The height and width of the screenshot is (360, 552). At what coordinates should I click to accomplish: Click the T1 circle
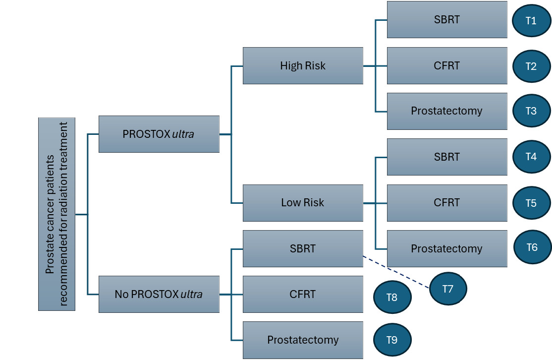pyautogui.click(x=531, y=20)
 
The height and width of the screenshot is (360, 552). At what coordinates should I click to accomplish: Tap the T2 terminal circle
pyautogui.click(x=531, y=65)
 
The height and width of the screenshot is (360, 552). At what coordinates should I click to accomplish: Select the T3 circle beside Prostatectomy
pyautogui.click(x=531, y=111)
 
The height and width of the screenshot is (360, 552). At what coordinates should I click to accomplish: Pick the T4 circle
pyautogui.click(x=531, y=157)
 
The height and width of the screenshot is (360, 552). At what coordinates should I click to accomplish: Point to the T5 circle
pyautogui.click(x=531, y=202)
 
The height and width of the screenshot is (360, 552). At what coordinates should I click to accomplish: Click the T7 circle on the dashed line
pyautogui.click(x=448, y=289)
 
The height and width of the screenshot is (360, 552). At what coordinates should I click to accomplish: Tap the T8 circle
pyautogui.click(x=392, y=297)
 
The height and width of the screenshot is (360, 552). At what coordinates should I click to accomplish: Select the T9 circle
pyautogui.click(x=392, y=340)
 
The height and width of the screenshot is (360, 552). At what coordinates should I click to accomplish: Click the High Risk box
pyautogui.click(x=303, y=65)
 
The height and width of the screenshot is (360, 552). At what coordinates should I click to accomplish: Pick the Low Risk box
pyautogui.click(x=303, y=202)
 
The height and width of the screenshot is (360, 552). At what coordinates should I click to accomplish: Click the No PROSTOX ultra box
pyautogui.click(x=159, y=294)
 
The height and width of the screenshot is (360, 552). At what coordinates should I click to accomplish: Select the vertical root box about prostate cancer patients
pyautogui.click(x=56, y=214)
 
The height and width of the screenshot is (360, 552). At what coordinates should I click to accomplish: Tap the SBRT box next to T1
pyautogui.click(x=446, y=20)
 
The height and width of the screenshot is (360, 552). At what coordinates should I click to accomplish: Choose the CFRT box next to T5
pyautogui.click(x=446, y=202)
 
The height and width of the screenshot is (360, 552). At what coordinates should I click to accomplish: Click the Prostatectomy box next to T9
pyautogui.click(x=303, y=340)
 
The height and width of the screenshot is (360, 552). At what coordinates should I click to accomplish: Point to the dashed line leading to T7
pyautogui.click(x=396, y=272)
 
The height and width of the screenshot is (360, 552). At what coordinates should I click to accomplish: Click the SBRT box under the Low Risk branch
pyautogui.click(x=446, y=157)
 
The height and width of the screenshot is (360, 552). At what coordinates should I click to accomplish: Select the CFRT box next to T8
pyautogui.click(x=303, y=294)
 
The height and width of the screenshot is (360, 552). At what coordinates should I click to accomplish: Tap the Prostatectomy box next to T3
pyautogui.click(x=446, y=111)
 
